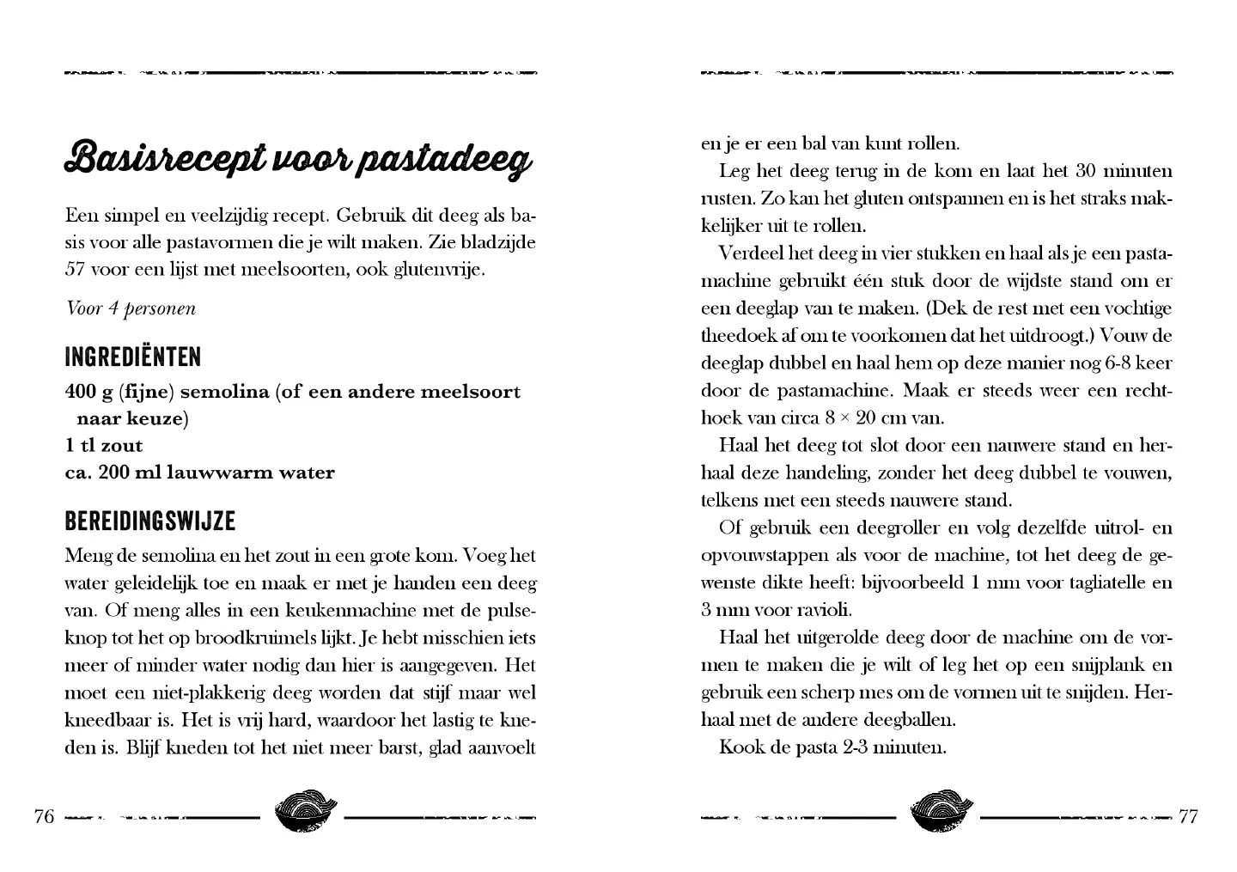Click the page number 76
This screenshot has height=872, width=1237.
click(44, 816)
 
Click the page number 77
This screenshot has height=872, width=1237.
click(1188, 816)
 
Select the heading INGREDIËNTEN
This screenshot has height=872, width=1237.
click(133, 357)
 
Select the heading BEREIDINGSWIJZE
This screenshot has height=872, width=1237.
click(150, 521)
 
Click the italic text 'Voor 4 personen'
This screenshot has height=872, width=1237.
click(131, 308)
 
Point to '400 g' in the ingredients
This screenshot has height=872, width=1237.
click(89, 393)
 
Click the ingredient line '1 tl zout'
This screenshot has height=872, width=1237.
click(104, 446)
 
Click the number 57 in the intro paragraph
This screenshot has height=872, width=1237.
click(75, 269)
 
